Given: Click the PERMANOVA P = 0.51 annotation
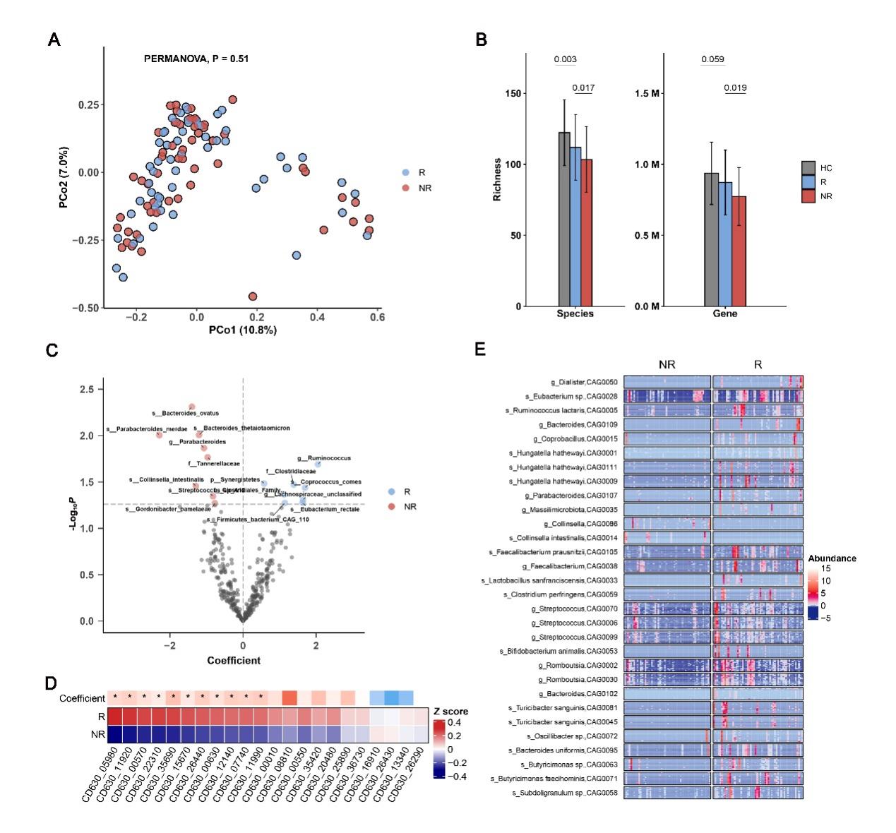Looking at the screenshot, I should pyautogui.click(x=196, y=59).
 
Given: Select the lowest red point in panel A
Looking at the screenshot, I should pyautogui.click(x=253, y=296).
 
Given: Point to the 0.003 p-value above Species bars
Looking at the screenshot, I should pyautogui.click(x=565, y=59).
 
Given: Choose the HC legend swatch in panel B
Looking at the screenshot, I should pyautogui.click(x=808, y=168).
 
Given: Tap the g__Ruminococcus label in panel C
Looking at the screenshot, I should pyautogui.click(x=324, y=458).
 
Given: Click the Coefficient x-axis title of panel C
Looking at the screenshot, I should pyautogui.click(x=233, y=661).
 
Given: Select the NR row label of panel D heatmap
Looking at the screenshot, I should pyautogui.click(x=98, y=735).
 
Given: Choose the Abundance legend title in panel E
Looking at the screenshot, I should pyautogui.click(x=832, y=558).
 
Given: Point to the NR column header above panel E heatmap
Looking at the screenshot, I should pyautogui.click(x=667, y=365).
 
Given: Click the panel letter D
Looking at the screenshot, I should pyautogui.click(x=51, y=683).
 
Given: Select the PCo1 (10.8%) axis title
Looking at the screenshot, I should pyautogui.click(x=242, y=330).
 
